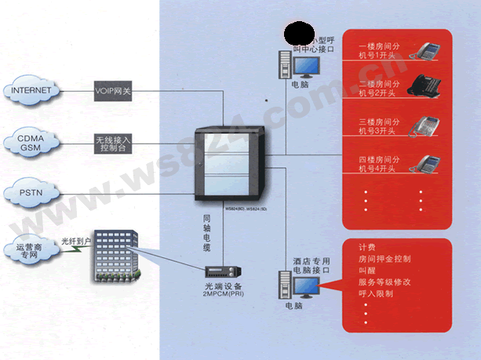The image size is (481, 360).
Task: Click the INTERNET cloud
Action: click(x=31, y=90)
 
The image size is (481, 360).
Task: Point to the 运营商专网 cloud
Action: click(x=31, y=250)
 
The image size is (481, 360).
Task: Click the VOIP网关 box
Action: click(x=113, y=90)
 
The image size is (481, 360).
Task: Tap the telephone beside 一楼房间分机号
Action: click(x=428, y=51)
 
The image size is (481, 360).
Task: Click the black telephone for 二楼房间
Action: click(x=428, y=86)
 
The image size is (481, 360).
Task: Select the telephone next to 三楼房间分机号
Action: click(x=428, y=127)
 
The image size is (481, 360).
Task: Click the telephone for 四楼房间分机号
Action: click(x=428, y=165)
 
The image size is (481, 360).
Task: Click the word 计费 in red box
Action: click(x=367, y=246)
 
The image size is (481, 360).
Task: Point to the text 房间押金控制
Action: click(x=384, y=258)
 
